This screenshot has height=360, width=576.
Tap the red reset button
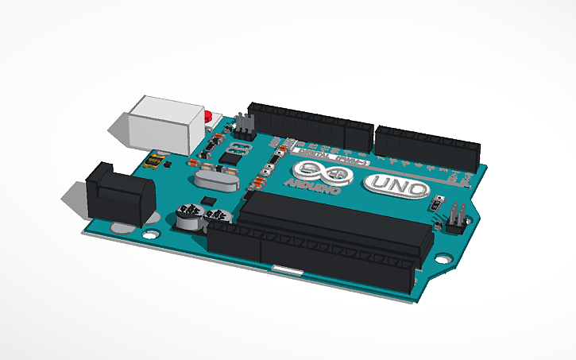click(x=208, y=119)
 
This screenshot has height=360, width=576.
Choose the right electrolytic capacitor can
click(x=215, y=216)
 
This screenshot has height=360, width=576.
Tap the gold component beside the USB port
click(x=153, y=162)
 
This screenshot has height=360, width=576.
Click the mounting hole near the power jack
click(x=149, y=234)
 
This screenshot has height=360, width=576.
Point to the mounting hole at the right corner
click(x=443, y=259)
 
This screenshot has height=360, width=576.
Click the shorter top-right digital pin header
click(x=427, y=143)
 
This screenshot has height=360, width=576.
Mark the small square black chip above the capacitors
click(x=207, y=199)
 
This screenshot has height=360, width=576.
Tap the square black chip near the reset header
click(x=230, y=157)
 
